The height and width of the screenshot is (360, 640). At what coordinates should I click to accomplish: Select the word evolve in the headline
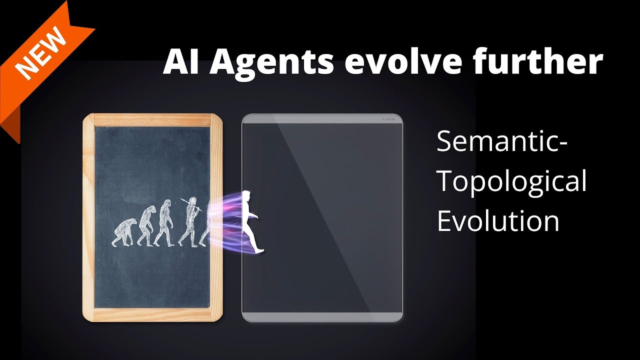(414, 62)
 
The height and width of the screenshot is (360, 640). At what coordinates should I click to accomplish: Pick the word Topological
(511, 182)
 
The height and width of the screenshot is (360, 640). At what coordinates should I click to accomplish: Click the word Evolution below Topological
(498, 220)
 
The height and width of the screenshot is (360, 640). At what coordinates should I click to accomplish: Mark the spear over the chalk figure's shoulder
(192, 205)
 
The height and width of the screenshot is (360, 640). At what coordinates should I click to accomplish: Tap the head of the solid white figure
(246, 197)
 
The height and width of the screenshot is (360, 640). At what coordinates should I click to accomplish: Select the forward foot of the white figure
(259, 250)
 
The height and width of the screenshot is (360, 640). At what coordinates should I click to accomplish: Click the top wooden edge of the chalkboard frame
(152, 120)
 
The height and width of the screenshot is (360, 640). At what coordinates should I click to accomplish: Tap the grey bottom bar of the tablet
(322, 316)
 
